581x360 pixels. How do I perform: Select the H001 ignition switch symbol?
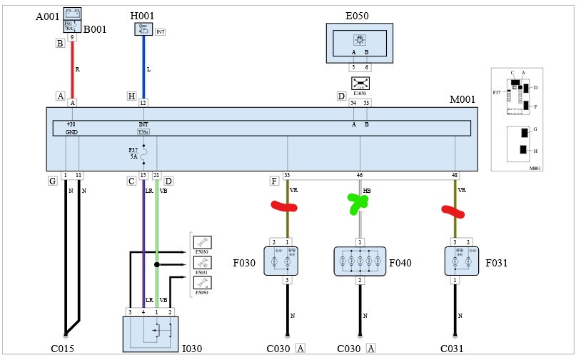click(x=144, y=29)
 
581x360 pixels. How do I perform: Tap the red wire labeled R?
click(x=72, y=70)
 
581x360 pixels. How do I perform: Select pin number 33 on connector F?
click(x=287, y=175)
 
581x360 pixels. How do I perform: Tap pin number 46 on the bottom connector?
click(x=360, y=175)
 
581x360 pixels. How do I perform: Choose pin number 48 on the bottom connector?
click(x=455, y=175)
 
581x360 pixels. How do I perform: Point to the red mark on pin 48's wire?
click(x=454, y=211)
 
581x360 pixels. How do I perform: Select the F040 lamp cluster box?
click(x=360, y=261)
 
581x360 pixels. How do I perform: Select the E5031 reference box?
click(x=203, y=264)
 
